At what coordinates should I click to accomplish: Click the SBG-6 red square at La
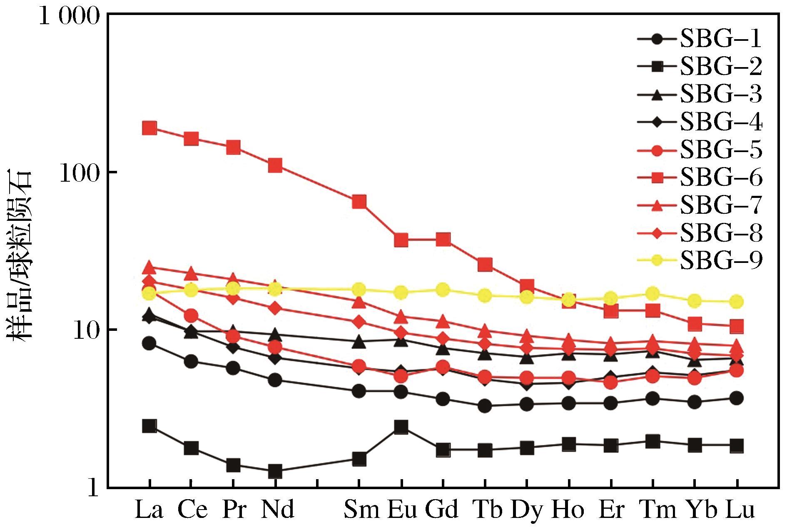[149, 128]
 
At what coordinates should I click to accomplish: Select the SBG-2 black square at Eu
[401, 427]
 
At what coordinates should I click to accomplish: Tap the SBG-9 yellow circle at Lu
[737, 301]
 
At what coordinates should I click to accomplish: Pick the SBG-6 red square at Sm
[359, 202]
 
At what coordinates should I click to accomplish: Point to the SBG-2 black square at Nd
[275, 472]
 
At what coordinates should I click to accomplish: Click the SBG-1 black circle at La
[149, 343]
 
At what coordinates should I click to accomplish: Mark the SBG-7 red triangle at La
[149, 266]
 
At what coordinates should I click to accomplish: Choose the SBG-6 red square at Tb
[485, 265]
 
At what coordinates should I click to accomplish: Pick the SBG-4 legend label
[721, 122]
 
